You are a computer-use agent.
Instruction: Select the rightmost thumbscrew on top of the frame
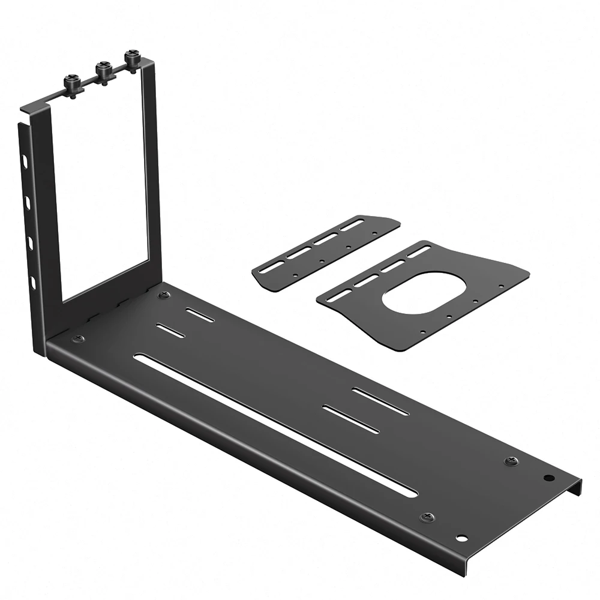pos(131,58)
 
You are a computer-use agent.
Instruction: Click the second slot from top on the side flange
pos(27,200)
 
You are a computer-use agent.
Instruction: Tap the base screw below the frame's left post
pos(78,340)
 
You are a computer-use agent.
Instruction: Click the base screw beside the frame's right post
pos(164,295)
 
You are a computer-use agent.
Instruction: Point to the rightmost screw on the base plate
pos(511,461)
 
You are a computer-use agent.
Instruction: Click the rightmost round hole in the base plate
pos(548,479)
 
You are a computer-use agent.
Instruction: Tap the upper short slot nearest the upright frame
pos(200,315)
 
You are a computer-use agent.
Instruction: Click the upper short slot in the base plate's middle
pos(380,401)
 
